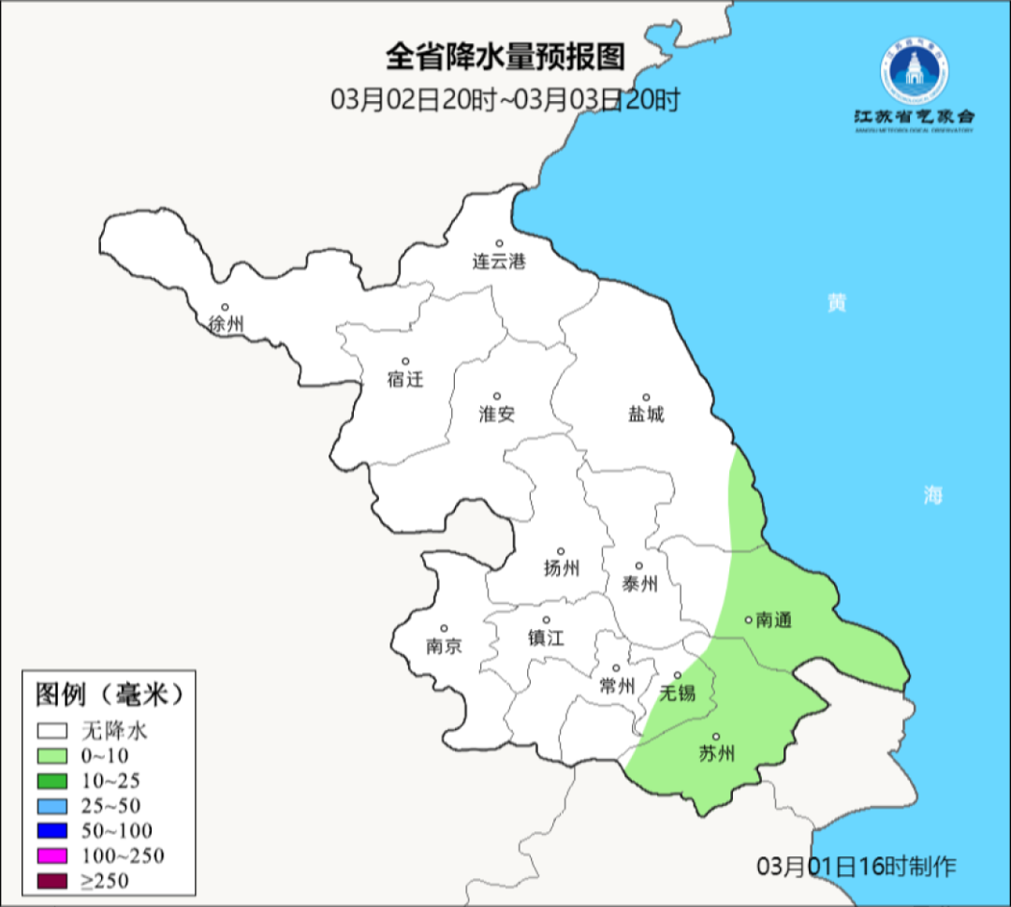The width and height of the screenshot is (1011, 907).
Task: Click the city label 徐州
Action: (x=227, y=325)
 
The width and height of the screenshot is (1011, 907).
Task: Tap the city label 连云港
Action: (x=499, y=261)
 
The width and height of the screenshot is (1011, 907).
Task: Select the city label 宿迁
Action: (x=405, y=379)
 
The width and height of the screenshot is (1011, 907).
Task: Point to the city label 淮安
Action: (x=497, y=414)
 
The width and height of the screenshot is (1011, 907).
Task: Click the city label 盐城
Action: (x=646, y=414)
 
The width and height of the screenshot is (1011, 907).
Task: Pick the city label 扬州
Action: (x=561, y=568)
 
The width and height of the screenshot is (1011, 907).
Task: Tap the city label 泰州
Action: (x=639, y=584)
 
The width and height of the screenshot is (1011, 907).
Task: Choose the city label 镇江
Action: (x=546, y=637)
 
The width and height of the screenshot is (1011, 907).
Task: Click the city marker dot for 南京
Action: (x=444, y=629)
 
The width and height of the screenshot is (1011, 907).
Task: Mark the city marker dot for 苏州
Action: (x=716, y=737)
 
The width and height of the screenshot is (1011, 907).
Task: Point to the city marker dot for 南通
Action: (x=748, y=619)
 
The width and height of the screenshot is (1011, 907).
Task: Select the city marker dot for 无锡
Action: (x=677, y=675)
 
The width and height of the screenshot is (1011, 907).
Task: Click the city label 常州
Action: (x=617, y=686)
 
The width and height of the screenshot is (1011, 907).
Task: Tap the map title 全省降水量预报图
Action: (x=505, y=57)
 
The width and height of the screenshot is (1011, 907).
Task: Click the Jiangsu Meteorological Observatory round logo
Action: (x=914, y=73)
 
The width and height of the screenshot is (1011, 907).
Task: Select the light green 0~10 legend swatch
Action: (x=52, y=755)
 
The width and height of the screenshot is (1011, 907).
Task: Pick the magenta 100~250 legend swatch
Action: (x=52, y=856)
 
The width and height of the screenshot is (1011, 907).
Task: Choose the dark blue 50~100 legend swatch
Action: (x=52, y=830)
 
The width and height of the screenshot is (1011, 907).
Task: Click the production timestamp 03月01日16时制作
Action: (x=857, y=866)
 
